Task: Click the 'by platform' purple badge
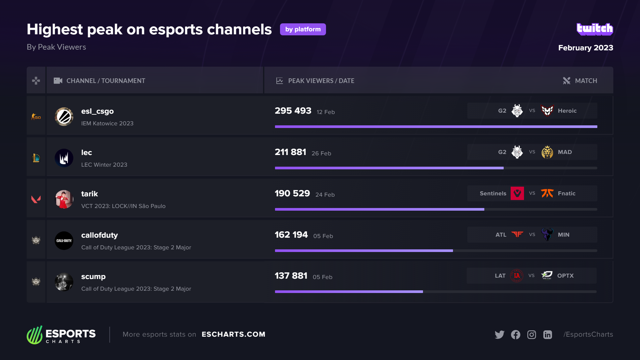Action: click(x=303, y=29)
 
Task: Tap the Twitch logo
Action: click(x=595, y=29)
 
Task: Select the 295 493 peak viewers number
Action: click(x=293, y=111)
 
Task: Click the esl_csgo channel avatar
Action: click(x=64, y=117)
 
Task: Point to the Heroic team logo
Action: click(x=547, y=111)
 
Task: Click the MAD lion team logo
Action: click(x=547, y=152)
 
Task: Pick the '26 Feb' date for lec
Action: click(x=321, y=153)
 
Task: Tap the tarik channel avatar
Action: click(x=64, y=199)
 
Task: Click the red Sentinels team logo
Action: click(x=517, y=193)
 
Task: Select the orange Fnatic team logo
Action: click(x=547, y=193)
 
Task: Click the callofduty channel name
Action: click(x=99, y=235)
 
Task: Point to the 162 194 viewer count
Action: click(x=291, y=235)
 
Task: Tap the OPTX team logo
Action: click(x=547, y=275)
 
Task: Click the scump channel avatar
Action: click(x=64, y=282)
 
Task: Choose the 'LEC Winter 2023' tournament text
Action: click(x=104, y=165)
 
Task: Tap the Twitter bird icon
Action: click(x=499, y=334)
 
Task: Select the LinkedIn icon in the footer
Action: click(x=547, y=334)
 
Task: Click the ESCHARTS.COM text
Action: click(x=233, y=334)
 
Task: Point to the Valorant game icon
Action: click(x=36, y=199)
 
